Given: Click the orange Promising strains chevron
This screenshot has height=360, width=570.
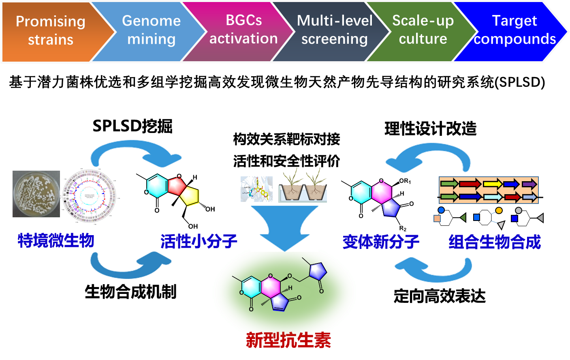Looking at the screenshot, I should point(51,31).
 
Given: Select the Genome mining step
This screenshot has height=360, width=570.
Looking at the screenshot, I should point(151,31).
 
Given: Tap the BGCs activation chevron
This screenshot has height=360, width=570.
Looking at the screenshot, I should point(243,31).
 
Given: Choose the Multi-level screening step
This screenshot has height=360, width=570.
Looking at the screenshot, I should point(334,31).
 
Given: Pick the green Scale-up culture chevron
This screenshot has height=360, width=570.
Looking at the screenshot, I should point(423,31).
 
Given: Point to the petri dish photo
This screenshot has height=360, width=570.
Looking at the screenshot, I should point(36,194).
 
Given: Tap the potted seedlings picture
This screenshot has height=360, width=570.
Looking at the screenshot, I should point(301,185).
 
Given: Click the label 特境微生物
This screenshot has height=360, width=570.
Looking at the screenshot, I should point(56,240).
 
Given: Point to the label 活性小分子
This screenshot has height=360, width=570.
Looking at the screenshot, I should point(199,241).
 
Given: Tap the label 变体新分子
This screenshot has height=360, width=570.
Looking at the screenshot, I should point(380,242).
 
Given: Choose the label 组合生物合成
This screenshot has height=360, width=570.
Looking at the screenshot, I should point(495,242).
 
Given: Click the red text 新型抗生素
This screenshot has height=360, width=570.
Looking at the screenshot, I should point(288,340).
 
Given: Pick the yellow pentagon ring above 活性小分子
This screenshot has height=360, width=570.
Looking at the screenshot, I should point(190,196).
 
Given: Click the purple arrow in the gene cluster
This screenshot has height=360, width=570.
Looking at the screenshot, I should point(529,184).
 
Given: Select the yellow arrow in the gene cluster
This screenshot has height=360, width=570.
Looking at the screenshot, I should point(492,184).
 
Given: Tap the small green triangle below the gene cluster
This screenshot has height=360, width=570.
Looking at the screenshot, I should point(463,218).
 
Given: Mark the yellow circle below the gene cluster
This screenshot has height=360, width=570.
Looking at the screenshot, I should point(499,210).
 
